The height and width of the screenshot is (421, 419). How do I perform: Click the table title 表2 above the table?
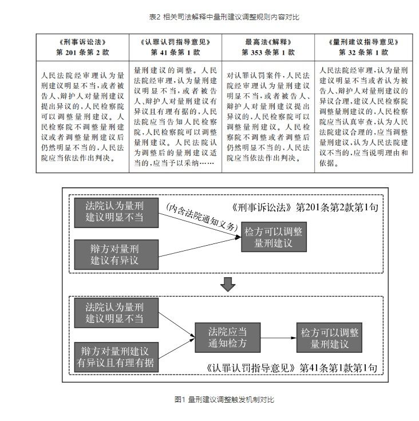click(x=224, y=17)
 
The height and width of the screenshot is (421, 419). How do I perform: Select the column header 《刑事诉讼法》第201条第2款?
click(x=82, y=47)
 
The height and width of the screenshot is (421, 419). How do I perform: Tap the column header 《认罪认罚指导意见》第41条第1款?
click(x=175, y=47)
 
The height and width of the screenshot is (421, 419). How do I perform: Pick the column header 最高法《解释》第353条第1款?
click(x=268, y=47)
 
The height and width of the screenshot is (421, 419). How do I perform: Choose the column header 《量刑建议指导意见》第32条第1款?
click(x=363, y=47)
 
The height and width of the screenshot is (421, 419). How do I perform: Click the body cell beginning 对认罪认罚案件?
click(x=268, y=116)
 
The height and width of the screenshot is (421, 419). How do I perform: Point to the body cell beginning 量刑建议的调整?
click(x=175, y=116)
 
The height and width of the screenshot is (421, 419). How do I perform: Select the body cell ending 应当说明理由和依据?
click(x=363, y=116)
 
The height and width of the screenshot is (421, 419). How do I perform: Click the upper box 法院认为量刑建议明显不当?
click(x=116, y=213)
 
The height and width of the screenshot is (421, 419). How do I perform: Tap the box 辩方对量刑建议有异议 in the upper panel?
click(x=116, y=254)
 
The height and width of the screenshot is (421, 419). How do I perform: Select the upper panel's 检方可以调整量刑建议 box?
click(x=274, y=237)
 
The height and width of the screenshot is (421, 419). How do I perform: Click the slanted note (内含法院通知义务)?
click(x=202, y=217)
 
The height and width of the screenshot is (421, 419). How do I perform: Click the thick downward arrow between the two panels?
click(x=228, y=284)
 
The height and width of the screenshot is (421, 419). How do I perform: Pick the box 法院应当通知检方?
click(x=227, y=337)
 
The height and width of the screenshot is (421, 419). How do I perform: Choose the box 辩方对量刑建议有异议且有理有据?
click(x=116, y=357)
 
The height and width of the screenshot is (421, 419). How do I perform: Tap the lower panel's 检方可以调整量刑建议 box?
click(x=329, y=337)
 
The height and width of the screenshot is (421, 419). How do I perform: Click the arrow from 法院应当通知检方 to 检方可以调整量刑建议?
click(x=278, y=338)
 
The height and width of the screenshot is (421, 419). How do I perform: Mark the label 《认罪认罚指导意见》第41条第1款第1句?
click(x=292, y=368)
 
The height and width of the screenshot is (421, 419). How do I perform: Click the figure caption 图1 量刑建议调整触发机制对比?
click(x=224, y=400)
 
